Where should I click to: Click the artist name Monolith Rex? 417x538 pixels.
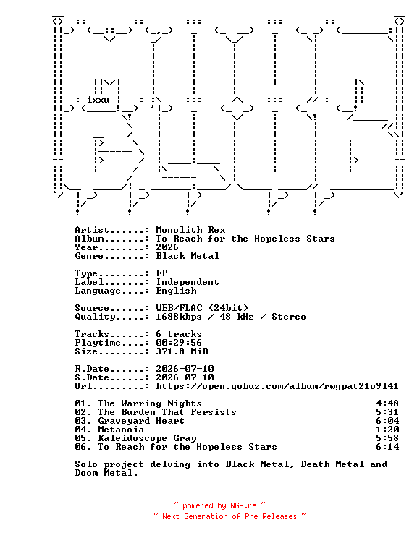190,230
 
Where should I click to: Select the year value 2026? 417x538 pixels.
167,247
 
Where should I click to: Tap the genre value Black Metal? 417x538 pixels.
188,256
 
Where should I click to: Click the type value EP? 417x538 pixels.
161,273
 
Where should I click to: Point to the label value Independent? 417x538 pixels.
188,282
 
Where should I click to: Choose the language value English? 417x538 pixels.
176,291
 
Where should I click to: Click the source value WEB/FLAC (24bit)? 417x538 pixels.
202,308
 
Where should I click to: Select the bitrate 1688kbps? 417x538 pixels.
179,317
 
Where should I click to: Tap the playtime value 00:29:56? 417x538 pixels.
179,343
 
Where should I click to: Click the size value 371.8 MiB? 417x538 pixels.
182,351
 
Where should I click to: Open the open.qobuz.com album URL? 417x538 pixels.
277,386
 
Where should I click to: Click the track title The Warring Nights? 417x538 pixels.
150,403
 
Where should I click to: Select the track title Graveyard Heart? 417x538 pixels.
141,421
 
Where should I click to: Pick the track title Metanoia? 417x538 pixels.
121,430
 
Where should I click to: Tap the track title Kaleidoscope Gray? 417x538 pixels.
147,438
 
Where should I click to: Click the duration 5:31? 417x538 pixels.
387,412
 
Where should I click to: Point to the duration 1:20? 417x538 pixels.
387,430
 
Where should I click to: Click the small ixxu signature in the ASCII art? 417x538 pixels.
98,100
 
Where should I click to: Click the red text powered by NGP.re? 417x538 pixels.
219,505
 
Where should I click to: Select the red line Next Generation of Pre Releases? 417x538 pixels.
229,516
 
